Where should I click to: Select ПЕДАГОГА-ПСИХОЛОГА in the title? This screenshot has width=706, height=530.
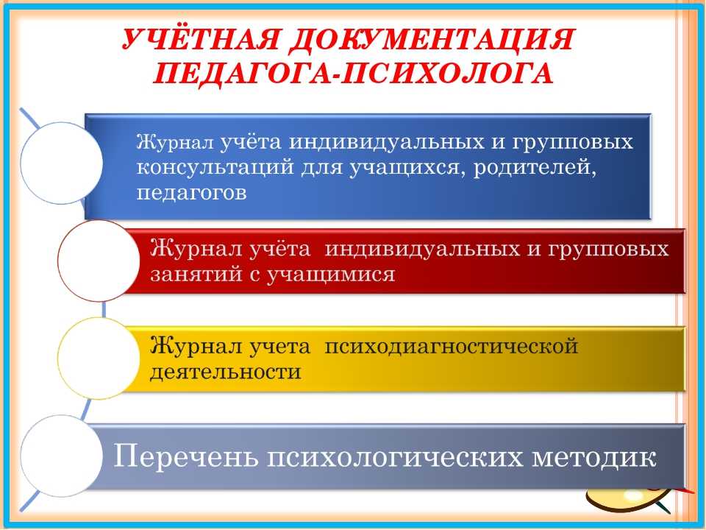click(x=354, y=73)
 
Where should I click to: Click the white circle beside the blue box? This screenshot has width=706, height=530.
click(x=62, y=163)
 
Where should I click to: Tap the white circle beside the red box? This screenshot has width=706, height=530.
click(x=99, y=261)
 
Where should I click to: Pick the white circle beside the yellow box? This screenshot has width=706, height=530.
click(x=99, y=358)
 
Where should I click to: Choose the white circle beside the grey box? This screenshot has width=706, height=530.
click(x=62, y=456)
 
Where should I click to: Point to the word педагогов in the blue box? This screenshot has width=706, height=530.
click(x=192, y=194)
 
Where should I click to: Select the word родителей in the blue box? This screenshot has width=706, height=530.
click(x=535, y=168)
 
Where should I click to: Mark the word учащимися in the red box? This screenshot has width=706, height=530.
click(x=331, y=275)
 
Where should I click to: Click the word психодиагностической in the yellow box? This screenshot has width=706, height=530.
click(x=451, y=347)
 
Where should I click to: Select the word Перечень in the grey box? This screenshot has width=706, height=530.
click(x=186, y=456)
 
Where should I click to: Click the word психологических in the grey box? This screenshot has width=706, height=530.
click(x=395, y=457)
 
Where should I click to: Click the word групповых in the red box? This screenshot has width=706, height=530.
click(x=608, y=250)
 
